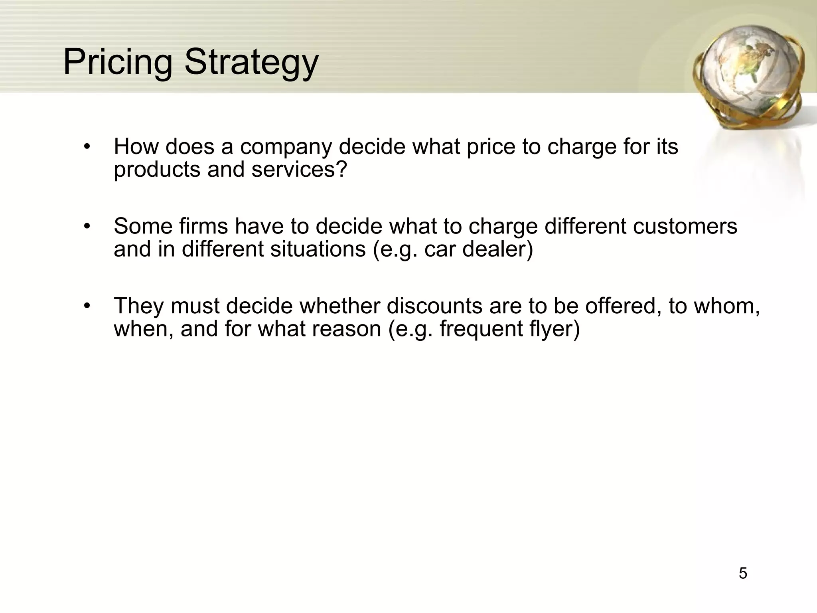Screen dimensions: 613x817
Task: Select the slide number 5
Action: click(x=743, y=573)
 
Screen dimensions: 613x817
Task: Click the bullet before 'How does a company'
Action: click(x=87, y=146)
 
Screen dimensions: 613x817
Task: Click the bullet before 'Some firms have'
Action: click(x=87, y=226)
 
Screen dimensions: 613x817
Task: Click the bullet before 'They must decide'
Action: click(x=87, y=306)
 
